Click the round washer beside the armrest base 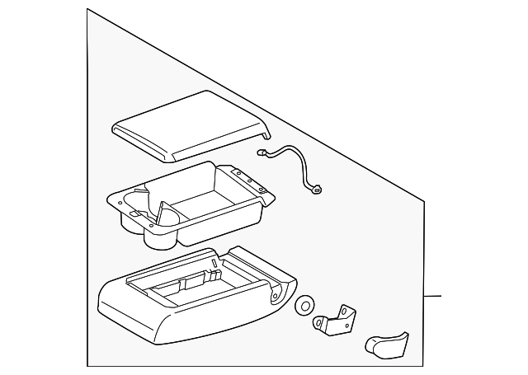coord(304,306)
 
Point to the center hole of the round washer coord(304,306)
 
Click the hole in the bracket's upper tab coord(346,309)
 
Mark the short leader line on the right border coord(432,296)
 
